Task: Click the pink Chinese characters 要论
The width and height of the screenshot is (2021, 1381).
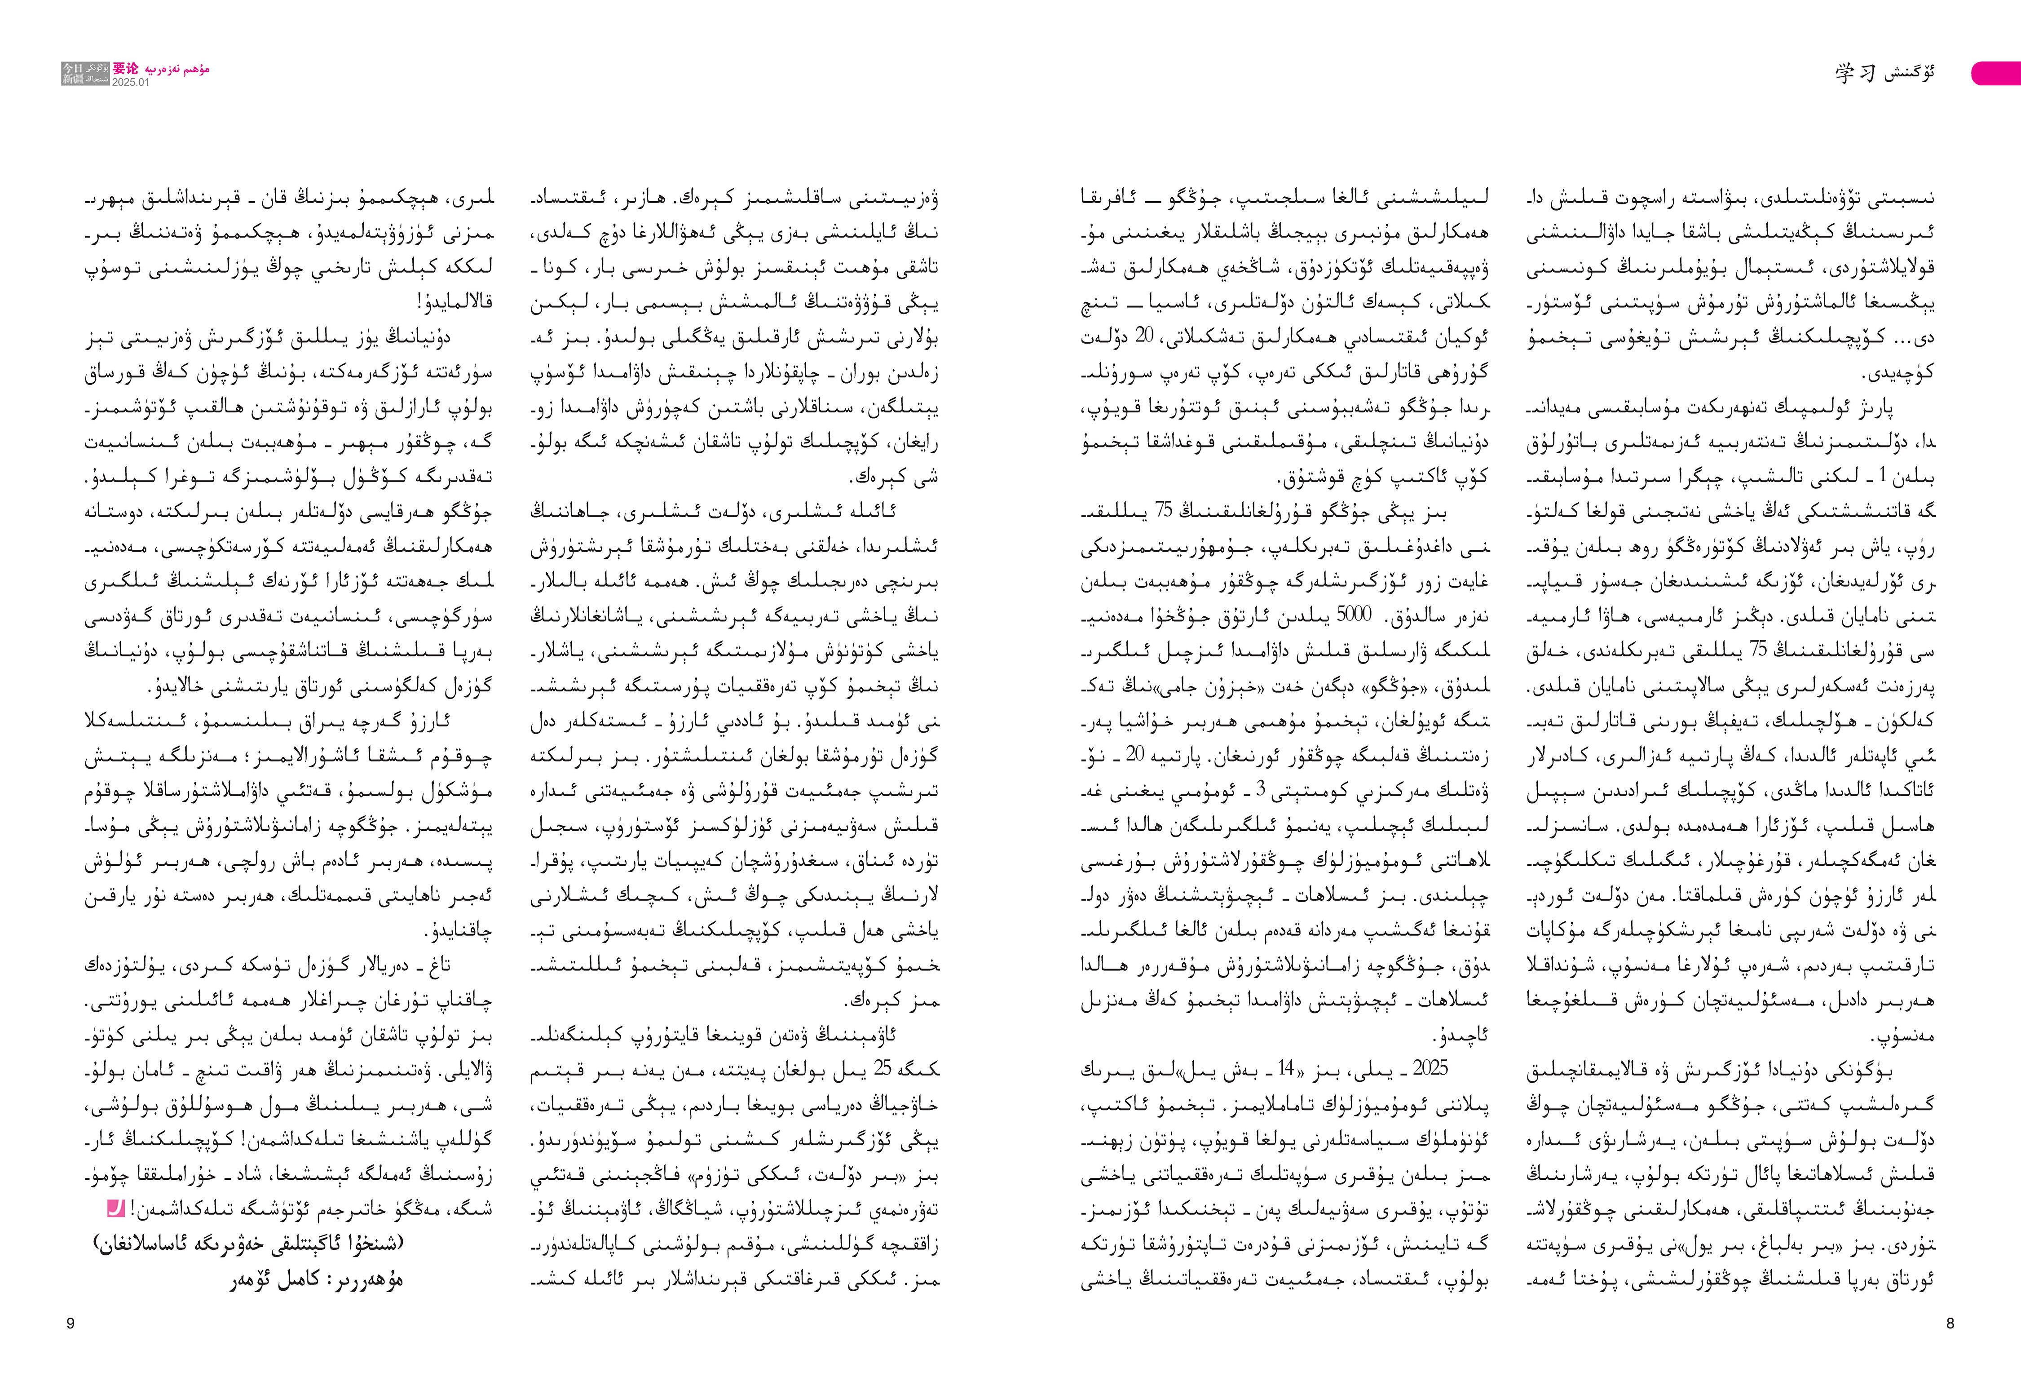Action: coord(125,69)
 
